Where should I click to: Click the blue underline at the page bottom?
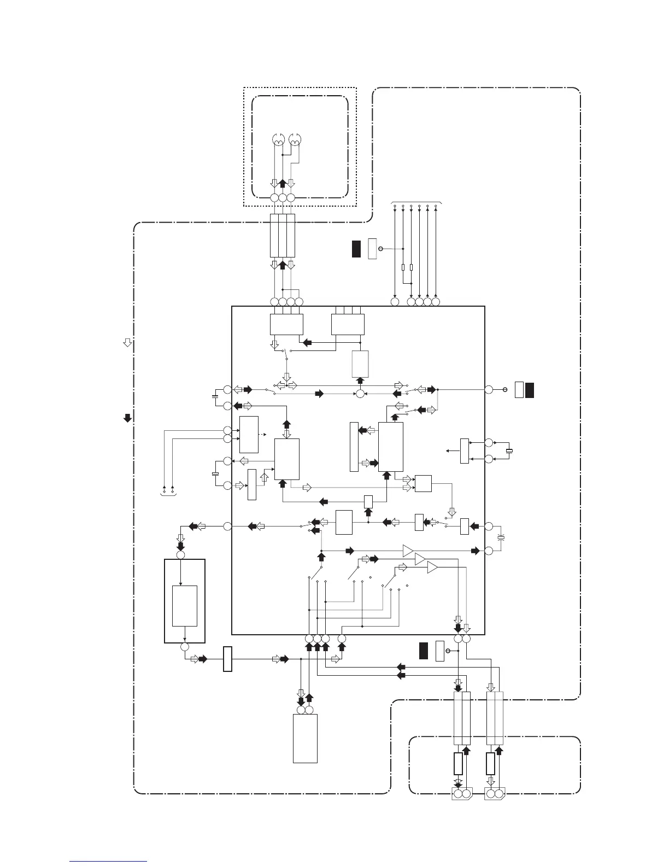[108, 861]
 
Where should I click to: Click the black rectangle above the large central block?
[356, 249]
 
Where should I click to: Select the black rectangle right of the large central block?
[530, 390]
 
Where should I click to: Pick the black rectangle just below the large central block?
[424, 651]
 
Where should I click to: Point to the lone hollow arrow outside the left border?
[127, 343]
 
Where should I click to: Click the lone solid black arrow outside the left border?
[127, 418]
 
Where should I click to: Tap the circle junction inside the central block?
[360, 393]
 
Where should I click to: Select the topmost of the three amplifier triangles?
[408, 550]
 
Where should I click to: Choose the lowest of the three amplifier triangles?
[432, 568]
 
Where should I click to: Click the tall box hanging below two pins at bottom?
[305, 738]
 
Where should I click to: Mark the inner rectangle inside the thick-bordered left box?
[184, 606]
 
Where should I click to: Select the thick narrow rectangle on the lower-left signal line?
[227, 659]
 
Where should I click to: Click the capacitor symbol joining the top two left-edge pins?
[215, 395]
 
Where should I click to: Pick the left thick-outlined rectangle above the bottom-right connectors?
[458, 763]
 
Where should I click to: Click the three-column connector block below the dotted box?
[282, 236]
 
